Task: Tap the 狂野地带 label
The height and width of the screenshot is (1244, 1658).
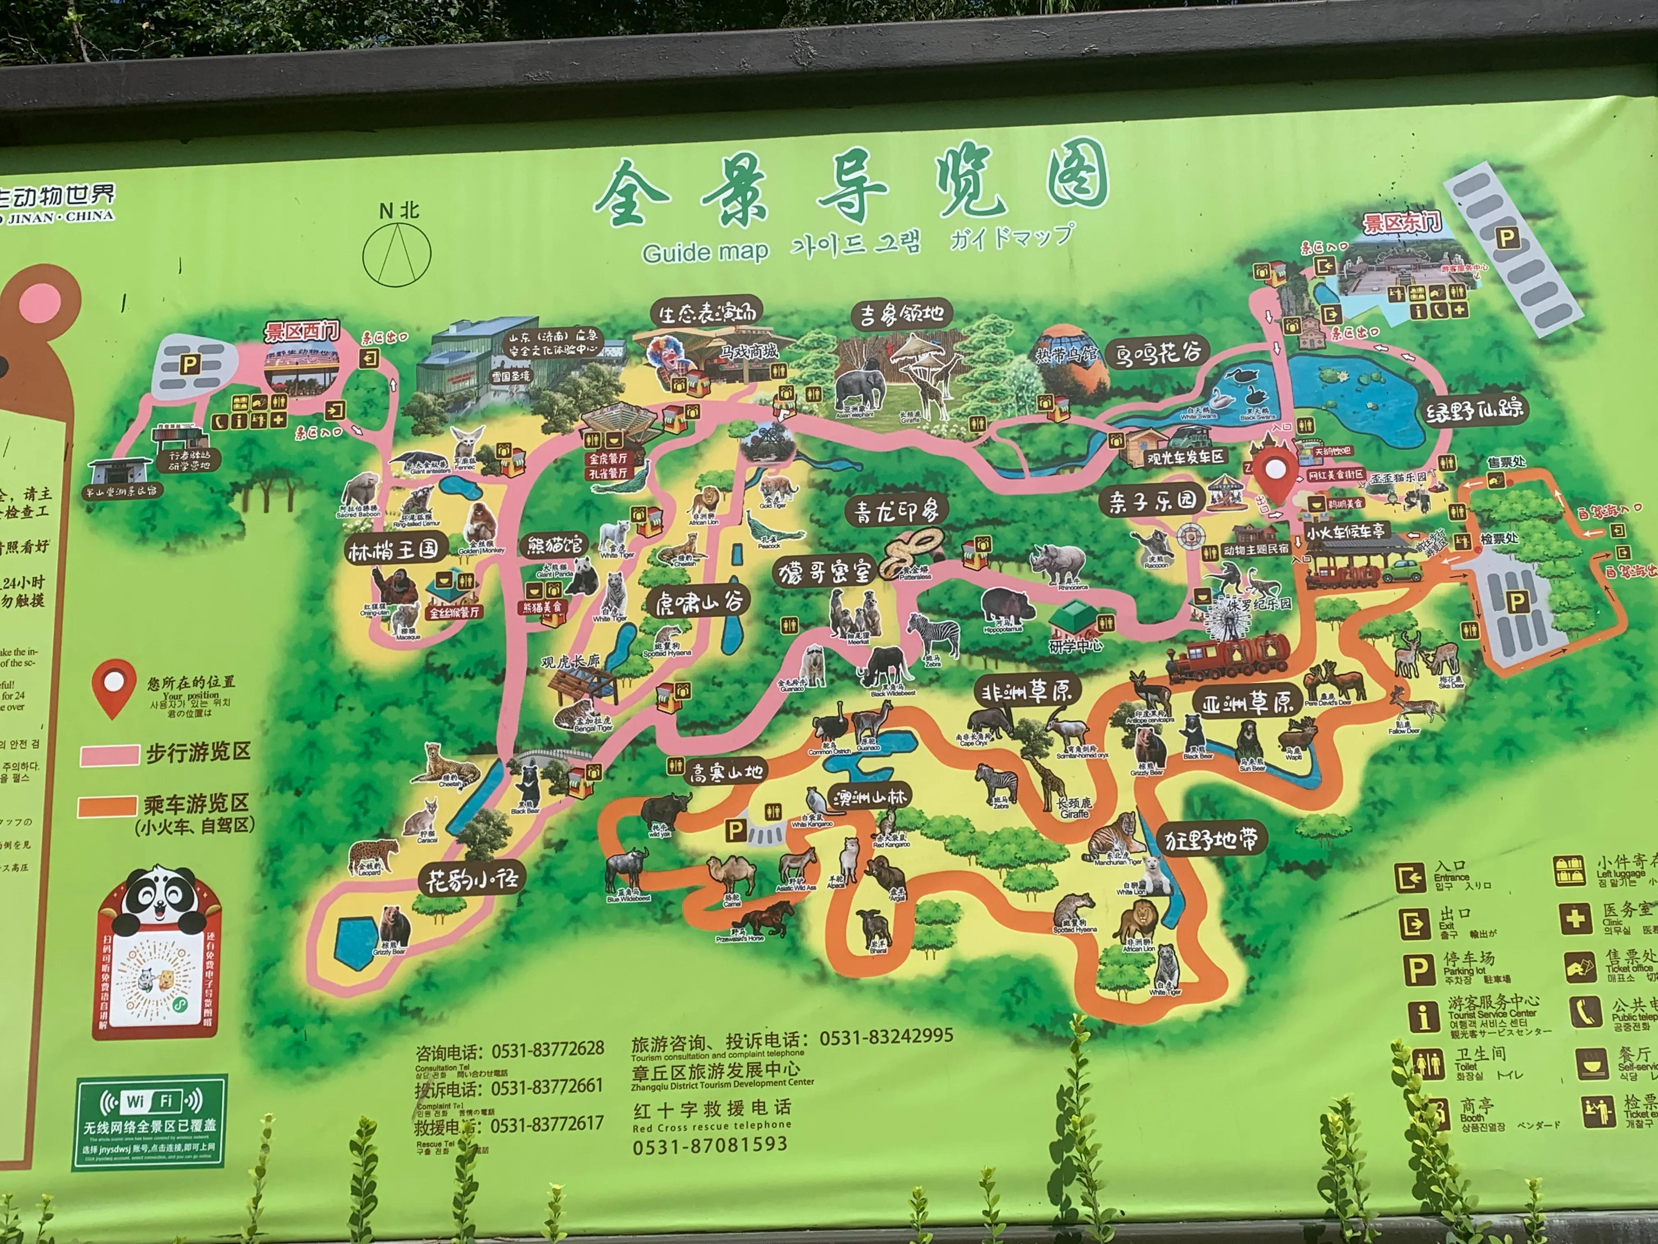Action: click(1211, 840)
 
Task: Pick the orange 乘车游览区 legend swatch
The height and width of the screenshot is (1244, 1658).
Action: click(107, 806)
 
